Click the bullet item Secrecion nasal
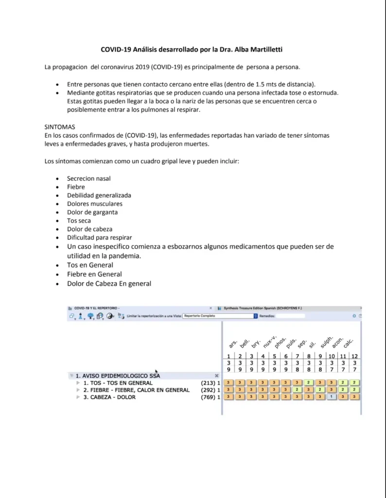89,178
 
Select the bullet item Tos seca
79,220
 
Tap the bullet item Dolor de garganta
92,212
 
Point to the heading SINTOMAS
60,126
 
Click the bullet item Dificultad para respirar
99,237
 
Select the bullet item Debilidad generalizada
99,195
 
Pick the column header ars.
232,345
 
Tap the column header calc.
348,343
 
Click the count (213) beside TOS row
209,383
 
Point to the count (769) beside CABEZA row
209,397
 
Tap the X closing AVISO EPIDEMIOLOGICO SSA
217,375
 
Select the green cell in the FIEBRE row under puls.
297,390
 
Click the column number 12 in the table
355,356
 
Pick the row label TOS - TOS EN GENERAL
118,383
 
